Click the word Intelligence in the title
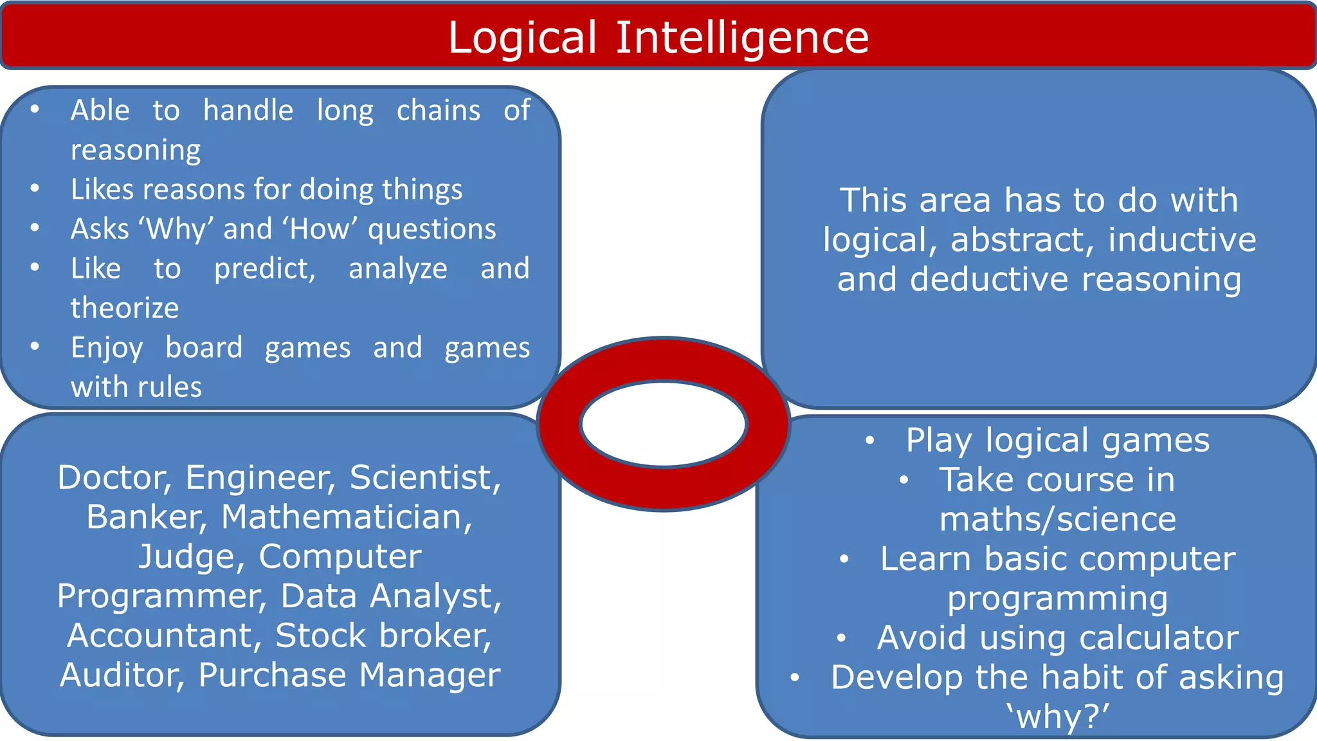click(742, 37)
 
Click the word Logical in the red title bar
click(522, 37)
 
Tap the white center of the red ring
click(664, 425)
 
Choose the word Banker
click(147, 517)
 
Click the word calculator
click(1159, 638)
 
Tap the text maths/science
click(1058, 519)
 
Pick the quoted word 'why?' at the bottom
click(1058, 717)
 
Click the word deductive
click(989, 280)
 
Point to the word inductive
click(1182, 240)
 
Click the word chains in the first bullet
click(438, 111)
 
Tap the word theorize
click(125, 308)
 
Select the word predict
click(264, 269)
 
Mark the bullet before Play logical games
click(869, 441)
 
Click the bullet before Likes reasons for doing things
click(35, 188)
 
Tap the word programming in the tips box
click(1057, 598)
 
